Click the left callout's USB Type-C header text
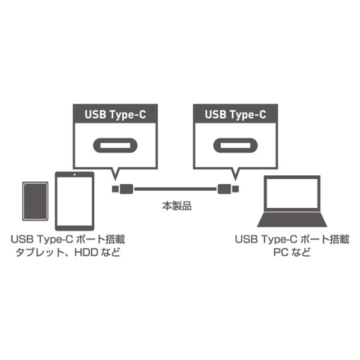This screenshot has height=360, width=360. click(x=115, y=115)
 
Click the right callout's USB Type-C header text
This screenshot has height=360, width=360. click(x=235, y=115)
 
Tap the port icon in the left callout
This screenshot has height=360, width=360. click(x=115, y=145)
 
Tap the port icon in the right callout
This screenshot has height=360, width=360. click(x=235, y=145)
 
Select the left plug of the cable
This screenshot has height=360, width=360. click(x=122, y=189)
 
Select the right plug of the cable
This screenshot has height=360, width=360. click(x=228, y=189)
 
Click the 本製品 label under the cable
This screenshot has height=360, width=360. click(x=177, y=206)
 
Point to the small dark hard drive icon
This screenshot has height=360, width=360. click(x=35, y=201)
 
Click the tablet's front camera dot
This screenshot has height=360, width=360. click(x=74, y=175)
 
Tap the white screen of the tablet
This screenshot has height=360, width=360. click(x=74, y=201)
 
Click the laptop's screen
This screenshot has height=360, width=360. click(x=292, y=193)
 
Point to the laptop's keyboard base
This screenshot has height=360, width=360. click(x=292, y=220)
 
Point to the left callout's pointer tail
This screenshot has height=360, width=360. click(x=115, y=175)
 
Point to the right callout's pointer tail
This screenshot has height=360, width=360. click(x=235, y=175)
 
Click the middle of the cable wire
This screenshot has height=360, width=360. click(x=175, y=189)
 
